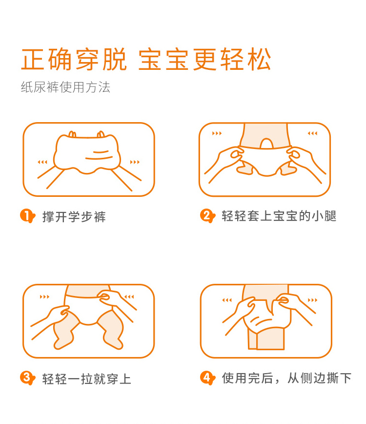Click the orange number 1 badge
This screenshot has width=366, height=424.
pos(27,216)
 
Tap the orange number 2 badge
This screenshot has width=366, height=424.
pos(207,216)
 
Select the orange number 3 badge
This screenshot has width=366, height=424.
pos(27,378)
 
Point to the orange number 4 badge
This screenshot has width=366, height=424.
pos(207,378)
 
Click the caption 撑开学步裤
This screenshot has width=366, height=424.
pos(74,216)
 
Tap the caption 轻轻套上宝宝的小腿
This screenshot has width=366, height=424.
pos(279,216)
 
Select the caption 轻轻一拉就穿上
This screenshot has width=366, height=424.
pos(86,379)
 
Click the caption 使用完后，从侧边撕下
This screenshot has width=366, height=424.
pos(286,378)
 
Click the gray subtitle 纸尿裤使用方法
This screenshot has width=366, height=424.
pos(66,87)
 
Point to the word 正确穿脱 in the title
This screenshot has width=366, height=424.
pos(74,59)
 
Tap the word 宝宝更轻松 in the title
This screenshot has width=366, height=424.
pos(205,59)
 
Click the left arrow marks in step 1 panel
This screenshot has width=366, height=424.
pos(42,162)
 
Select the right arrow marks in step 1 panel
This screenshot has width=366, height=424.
pos(135,162)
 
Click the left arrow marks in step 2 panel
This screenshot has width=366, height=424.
pos(217,133)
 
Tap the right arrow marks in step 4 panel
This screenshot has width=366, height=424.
pos(312,300)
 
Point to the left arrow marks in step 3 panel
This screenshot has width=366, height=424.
pos(44,297)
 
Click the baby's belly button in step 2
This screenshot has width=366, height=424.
pos(266,143)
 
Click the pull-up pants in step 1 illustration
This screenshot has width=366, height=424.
pos(87,153)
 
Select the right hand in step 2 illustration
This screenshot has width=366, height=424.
pos(305,162)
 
